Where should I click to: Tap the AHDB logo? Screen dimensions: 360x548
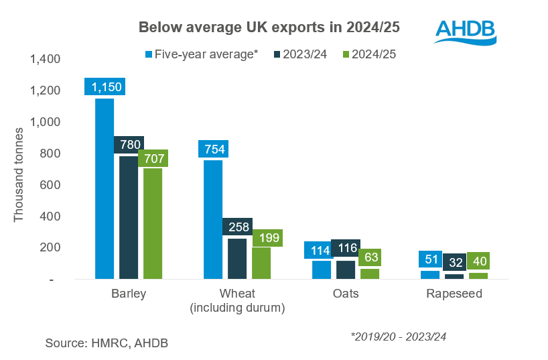[465, 29]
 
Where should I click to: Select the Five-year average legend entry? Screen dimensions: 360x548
[202, 54]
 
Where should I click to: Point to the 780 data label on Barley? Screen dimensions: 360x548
[128, 145]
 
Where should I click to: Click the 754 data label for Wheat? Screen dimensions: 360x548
[213, 149]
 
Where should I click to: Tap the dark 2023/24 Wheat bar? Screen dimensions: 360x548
[236, 258]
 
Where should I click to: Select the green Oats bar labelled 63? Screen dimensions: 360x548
[369, 273]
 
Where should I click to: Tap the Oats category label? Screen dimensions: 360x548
[345, 294]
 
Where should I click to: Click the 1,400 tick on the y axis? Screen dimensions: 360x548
[45, 60]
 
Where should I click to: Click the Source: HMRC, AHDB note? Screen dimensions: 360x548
[107, 343]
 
